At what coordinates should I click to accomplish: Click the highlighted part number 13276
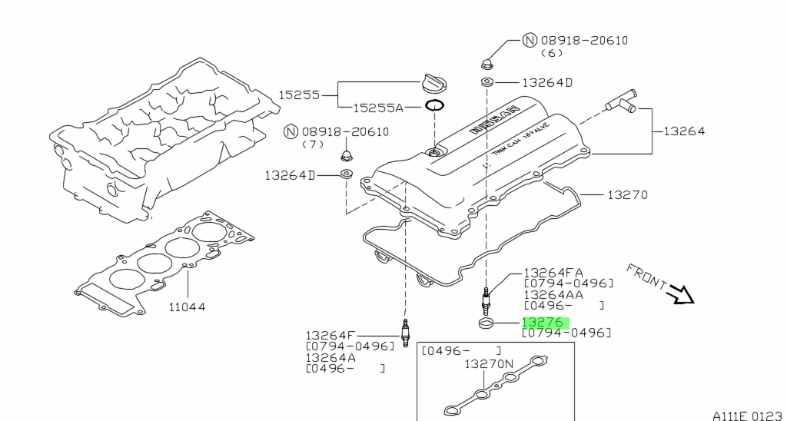pyautogui.click(x=543, y=323)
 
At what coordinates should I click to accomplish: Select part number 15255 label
pyautogui.click(x=298, y=94)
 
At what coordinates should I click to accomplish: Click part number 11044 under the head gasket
pyautogui.click(x=187, y=307)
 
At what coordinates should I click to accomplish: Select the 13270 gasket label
pyautogui.click(x=627, y=195)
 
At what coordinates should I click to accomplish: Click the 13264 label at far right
pyautogui.click(x=679, y=131)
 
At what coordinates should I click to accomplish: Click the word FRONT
pyautogui.click(x=646, y=276)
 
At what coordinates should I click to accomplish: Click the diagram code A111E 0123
pyautogui.click(x=747, y=415)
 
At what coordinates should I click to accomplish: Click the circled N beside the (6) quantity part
pyautogui.click(x=530, y=41)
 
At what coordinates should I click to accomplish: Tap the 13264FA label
pyautogui.click(x=553, y=272)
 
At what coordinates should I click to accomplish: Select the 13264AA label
pyautogui.click(x=553, y=294)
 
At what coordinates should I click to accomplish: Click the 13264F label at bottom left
pyautogui.click(x=331, y=335)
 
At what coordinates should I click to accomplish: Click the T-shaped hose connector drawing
pyautogui.click(x=619, y=101)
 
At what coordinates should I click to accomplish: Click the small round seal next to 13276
pyautogui.click(x=485, y=323)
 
